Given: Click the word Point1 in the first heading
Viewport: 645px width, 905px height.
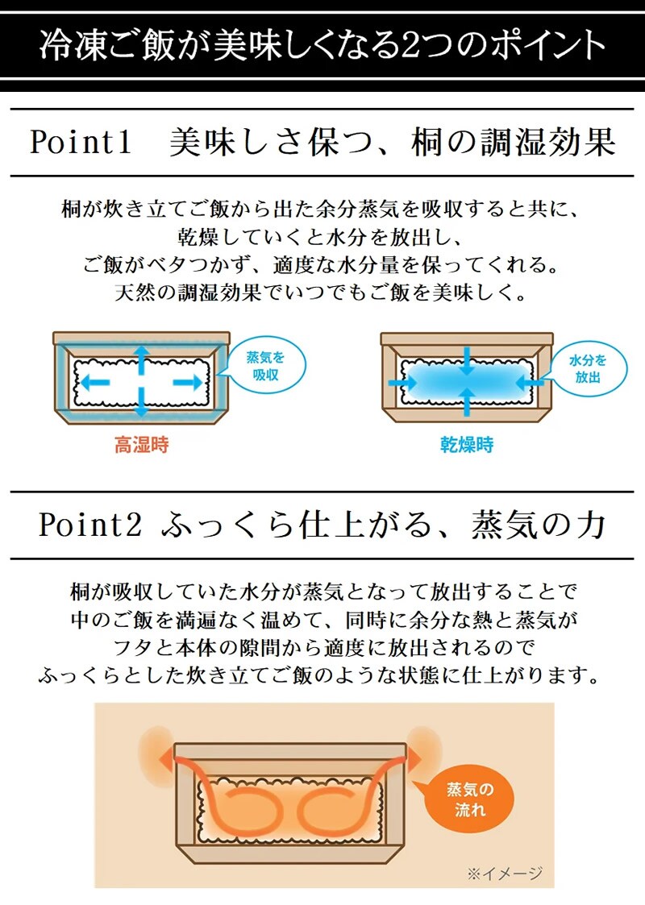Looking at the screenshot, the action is point(81,142).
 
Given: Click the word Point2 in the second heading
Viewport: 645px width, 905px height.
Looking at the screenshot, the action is point(90,525).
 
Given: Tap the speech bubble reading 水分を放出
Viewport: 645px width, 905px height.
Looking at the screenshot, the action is point(587,369).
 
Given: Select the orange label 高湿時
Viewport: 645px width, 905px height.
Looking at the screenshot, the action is point(141,445).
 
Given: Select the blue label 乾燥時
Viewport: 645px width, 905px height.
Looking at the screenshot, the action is point(467,444).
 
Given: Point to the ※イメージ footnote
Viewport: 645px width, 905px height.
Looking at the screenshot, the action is point(505,874).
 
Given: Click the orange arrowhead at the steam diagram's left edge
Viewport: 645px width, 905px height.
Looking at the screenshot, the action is point(166,758).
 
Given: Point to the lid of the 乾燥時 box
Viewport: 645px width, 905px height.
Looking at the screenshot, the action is point(467,339).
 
